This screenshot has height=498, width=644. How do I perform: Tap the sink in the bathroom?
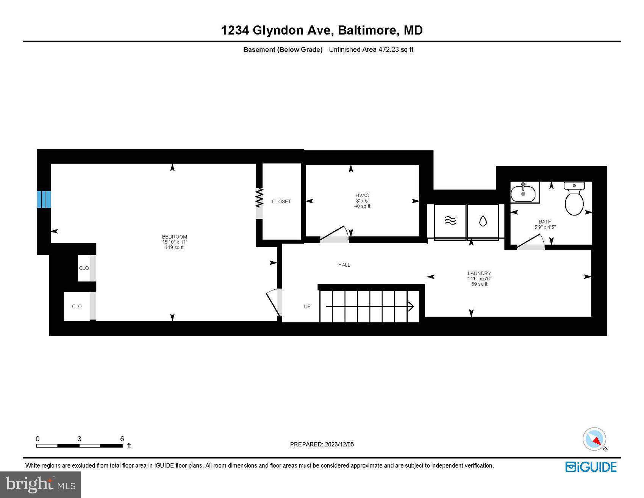pos(523,193)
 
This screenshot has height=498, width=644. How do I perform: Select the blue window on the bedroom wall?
pos(44,200)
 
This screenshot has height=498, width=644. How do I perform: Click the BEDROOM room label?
pos(174,237)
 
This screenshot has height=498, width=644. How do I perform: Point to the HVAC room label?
pos(362,196)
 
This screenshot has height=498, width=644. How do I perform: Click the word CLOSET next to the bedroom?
pos(281,202)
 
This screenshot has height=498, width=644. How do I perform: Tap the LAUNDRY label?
pos(479,273)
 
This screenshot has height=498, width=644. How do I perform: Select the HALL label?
pos(344,265)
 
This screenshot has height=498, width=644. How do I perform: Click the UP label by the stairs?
pos(307,306)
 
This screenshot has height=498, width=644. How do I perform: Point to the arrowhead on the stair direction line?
pos(411,306)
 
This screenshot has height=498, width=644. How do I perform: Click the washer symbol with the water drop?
pos(483,221)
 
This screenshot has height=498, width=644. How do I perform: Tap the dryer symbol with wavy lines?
pos(450,221)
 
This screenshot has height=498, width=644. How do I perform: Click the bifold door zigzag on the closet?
pos(259,198)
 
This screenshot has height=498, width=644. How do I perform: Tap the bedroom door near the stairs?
pos(274,302)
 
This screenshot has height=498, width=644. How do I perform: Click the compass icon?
pos(594,439)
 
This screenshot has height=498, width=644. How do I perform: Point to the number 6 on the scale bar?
pos(122,439)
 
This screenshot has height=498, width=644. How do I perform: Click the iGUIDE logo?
pos(591,467)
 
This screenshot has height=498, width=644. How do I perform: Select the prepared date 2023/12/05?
pos(339,445)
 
